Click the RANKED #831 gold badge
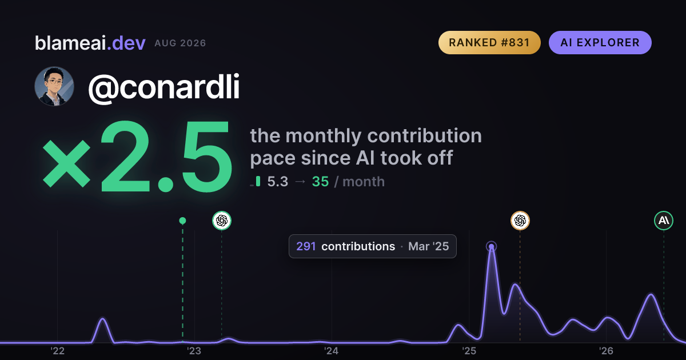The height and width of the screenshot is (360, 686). pos(489,42)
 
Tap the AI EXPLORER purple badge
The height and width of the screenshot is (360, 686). pos(600,42)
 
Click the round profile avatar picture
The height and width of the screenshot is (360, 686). pos(54,86)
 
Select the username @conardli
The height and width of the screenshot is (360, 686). pos(164,87)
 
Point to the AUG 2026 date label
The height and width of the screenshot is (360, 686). pos(180,43)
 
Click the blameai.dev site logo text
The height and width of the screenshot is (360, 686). pos(90,43)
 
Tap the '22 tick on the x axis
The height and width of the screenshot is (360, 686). pos(57,351)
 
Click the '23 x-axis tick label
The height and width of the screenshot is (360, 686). pos(194,351)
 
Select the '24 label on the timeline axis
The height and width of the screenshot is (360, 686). pos(332,351)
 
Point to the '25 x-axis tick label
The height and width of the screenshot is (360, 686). pos(469,351)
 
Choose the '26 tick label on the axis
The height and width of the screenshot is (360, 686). pos(606,351)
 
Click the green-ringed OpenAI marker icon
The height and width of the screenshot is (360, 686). pos(222,221)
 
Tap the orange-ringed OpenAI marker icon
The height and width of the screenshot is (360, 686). pos(520,221)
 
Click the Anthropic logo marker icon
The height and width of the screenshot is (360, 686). pos(664,221)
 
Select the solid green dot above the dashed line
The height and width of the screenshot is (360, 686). pos(182,221)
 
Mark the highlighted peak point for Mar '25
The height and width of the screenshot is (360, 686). pos(491,246)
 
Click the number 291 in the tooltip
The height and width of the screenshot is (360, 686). pos(306,246)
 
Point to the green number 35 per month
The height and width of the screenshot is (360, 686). pos(320,182)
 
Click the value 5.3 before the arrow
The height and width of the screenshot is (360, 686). pos(278,182)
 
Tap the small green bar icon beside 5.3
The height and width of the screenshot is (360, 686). pos(258,181)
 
